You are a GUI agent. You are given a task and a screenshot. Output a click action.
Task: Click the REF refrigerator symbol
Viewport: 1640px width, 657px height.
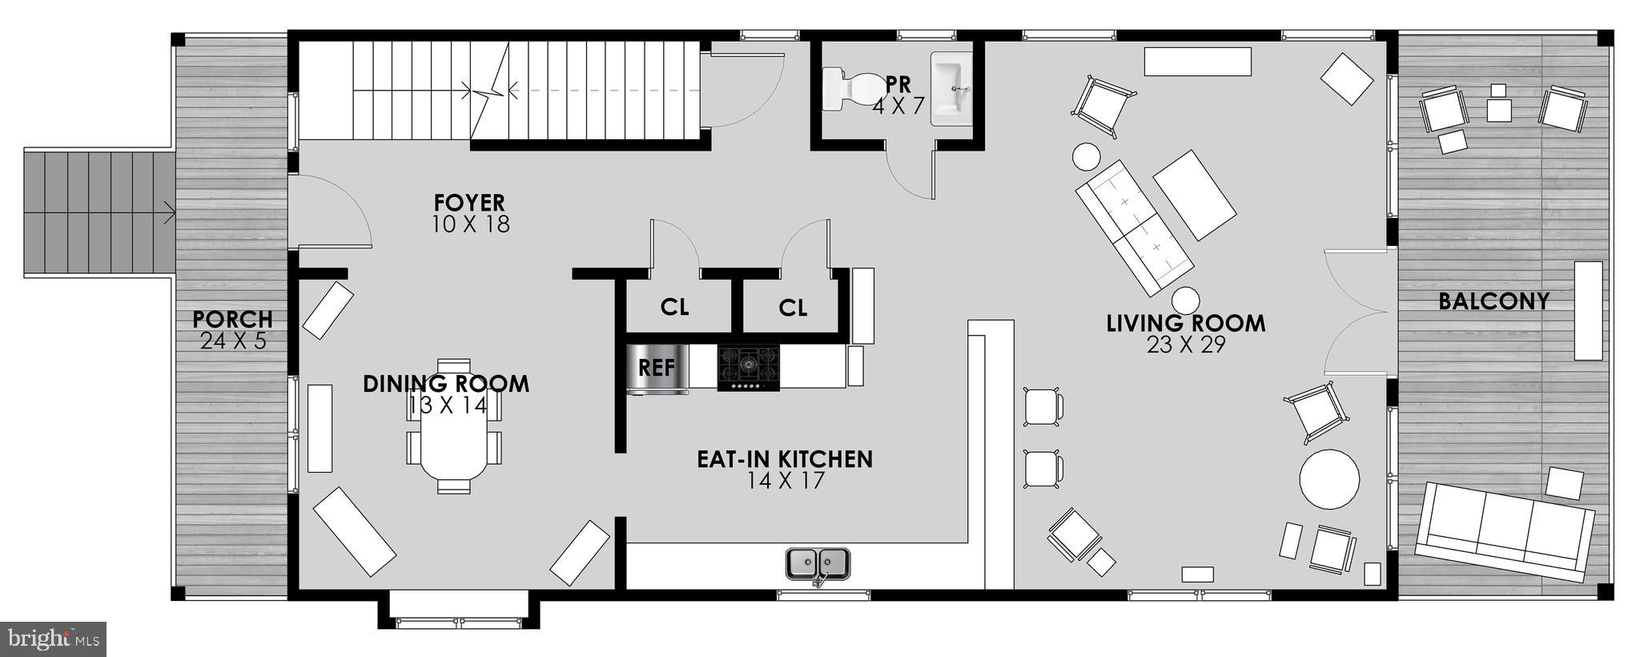tap(657, 369)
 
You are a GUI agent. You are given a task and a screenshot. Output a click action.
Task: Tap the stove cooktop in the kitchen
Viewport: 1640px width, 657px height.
tap(748, 368)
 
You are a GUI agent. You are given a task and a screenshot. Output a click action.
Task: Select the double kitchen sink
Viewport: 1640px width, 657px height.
tap(818, 563)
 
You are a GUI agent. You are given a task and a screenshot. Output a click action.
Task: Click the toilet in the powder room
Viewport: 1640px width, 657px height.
tap(849, 88)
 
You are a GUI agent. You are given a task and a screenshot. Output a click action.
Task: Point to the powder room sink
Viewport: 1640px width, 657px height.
tap(951, 87)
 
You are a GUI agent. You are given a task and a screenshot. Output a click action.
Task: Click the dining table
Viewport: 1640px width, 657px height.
tap(454, 426)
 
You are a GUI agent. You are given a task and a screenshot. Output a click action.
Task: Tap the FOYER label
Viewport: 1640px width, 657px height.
tap(469, 203)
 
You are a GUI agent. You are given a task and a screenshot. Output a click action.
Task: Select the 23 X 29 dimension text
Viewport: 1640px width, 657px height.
tap(1185, 345)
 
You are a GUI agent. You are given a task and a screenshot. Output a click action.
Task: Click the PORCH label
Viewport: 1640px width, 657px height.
tap(232, 320)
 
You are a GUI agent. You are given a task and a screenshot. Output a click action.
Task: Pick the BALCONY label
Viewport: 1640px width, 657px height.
tap(1493, 302)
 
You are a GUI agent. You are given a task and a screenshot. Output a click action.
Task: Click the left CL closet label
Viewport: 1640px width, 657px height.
tap(674, 308)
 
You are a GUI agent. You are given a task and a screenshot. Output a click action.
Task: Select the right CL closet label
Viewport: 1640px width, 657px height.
tap(793, 308)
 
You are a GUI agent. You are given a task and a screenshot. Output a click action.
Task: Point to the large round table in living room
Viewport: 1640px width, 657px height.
tap(1328, 478)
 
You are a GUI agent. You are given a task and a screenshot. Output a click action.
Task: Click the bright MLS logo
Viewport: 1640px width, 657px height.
tap(53, 639)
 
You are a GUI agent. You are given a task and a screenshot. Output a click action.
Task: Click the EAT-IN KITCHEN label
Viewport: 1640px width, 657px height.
tap(784, 459)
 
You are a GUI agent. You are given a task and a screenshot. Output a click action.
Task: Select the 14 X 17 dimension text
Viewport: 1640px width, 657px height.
tap(785, 481)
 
